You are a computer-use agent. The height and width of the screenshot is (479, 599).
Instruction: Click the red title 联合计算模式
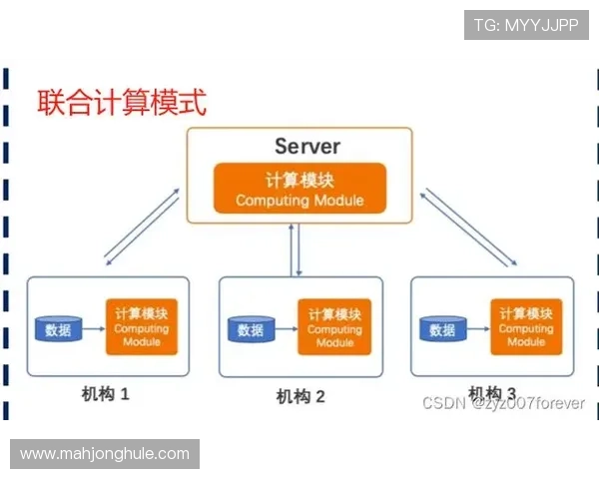pyautogui.click(x=122, y=102)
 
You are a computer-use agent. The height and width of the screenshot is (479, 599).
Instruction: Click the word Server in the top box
pyautogui.click(x=307, y=147)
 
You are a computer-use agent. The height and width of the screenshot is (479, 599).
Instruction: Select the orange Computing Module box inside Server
pyautogui.click(x=299, y=189)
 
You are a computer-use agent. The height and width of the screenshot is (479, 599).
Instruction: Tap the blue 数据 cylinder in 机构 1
pyautogui.click(x=58, y=327)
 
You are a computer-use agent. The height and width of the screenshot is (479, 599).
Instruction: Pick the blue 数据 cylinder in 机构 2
pyautogui.click(x=251, y=328)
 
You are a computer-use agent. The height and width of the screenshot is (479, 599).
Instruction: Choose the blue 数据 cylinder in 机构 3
pyautogui.click(x=442, y=328)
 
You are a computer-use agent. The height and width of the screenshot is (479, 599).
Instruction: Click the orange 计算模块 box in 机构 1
pyautogui.click(x=141, y=327)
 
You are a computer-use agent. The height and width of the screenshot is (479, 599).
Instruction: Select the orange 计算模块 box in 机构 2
pyautogui.click(x=334, y=328)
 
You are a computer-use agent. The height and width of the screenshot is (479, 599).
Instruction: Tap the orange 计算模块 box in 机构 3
pyautogui.click(x=525, y=327)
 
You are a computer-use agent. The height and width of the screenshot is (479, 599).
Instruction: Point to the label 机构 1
pyautogui.click(x=106, y=394)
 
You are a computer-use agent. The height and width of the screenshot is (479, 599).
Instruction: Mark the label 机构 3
pyautogui.click(x=492, y=392)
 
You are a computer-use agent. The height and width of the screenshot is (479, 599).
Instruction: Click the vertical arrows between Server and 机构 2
pyautogui.click(x=297, y=249)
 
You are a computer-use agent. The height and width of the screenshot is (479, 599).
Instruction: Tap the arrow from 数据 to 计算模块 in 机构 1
pyautogui.click(x=94, y=327)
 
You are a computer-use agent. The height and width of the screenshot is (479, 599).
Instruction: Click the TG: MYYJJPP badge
pyautogui.click(x=526, y=25)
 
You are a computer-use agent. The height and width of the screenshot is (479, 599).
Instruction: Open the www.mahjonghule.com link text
pyautogui.click(x=105, y=454)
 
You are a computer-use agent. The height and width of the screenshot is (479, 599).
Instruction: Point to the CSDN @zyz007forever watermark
pyautogui.click(x=503, y=403)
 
